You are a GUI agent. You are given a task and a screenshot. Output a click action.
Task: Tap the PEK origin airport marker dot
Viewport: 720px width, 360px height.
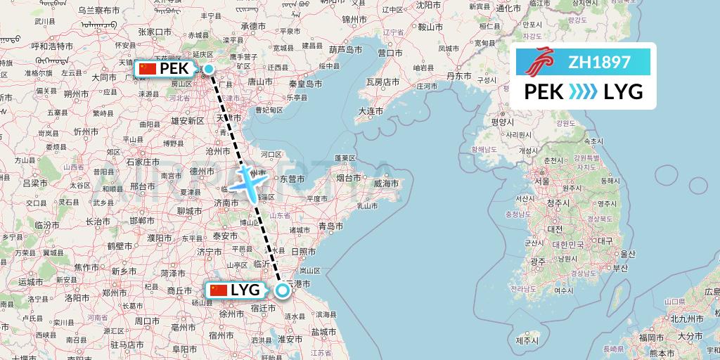[209, 68]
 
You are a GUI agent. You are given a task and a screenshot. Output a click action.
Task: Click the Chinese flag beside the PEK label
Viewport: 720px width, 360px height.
[147, 68]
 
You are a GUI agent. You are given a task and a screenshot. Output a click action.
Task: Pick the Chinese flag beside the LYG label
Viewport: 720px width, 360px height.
[219, 290]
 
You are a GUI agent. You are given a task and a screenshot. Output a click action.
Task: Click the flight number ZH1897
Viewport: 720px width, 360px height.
[599, 62]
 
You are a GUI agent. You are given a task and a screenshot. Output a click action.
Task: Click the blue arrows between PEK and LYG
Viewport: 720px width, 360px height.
[582, 92]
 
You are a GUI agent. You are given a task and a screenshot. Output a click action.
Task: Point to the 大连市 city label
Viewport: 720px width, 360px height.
[370, 111]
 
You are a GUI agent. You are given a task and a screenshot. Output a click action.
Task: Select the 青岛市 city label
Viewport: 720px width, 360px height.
[330, 226]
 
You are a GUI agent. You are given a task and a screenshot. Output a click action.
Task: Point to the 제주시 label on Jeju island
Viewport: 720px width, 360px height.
[526, 341]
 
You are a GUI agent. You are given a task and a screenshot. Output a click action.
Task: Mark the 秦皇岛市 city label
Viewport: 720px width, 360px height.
[304, 83]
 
